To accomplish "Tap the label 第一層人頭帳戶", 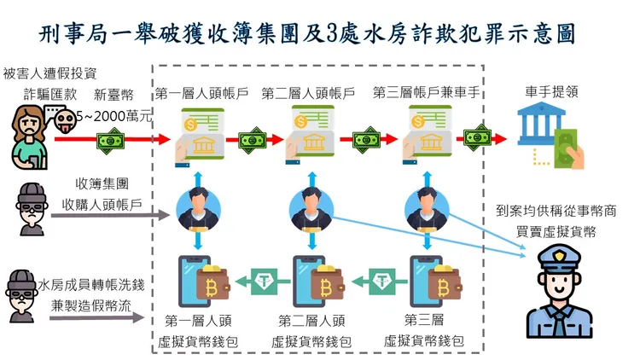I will (x=201, y=92).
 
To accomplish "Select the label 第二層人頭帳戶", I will (x=308, y=92).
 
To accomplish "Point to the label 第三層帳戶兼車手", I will (x=424, y=92).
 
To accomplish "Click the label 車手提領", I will (x=549, y=92).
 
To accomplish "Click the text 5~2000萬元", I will (x=113, y=116).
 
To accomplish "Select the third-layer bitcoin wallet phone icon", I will (x=426, y=281).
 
